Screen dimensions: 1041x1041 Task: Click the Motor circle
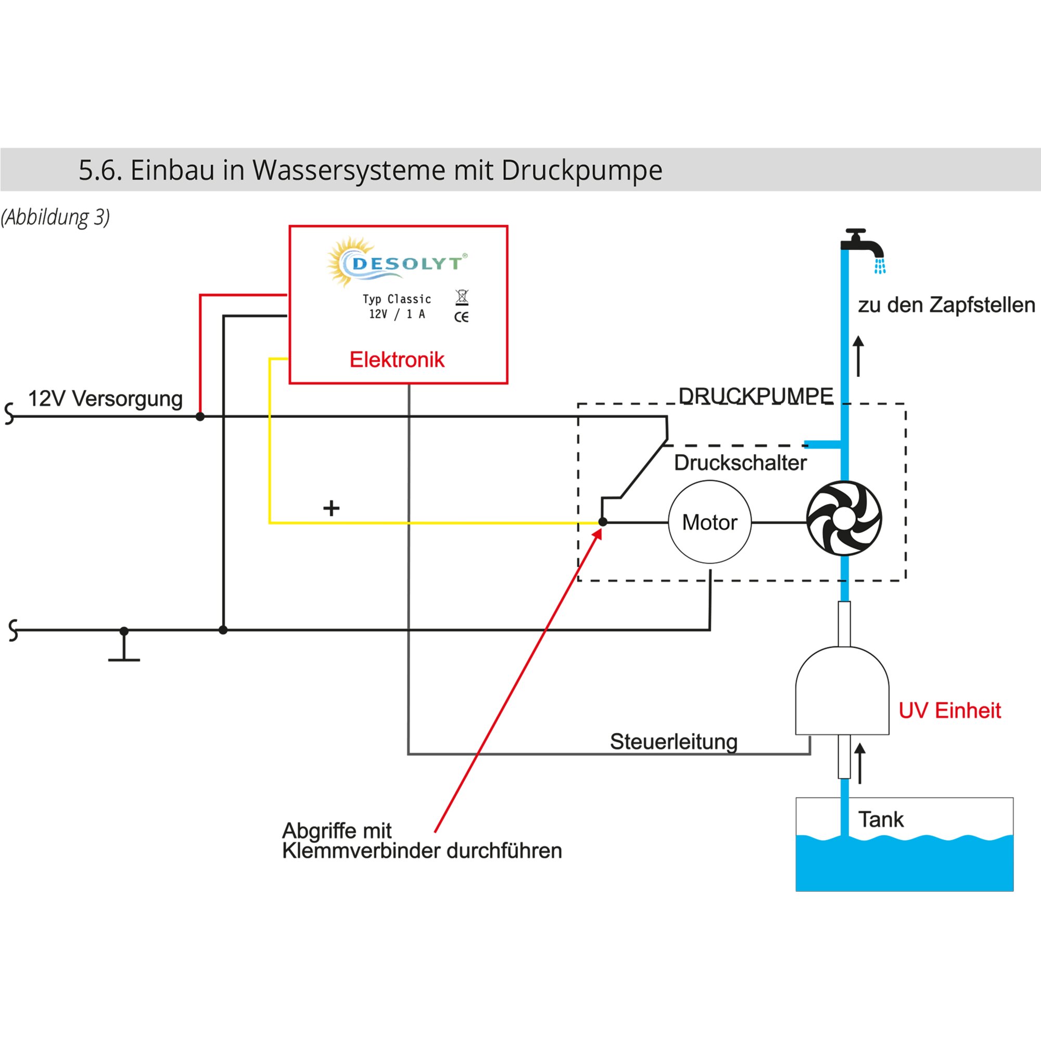709,522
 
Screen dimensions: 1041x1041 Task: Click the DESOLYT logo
397,262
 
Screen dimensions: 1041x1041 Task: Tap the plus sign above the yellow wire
332,508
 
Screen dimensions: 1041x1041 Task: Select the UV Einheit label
949,710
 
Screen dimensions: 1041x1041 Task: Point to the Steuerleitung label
674,741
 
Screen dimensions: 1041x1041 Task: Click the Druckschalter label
740,463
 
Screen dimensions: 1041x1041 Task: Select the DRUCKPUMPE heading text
755,396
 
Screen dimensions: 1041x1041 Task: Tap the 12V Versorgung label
105,399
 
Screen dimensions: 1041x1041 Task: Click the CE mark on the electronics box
461,317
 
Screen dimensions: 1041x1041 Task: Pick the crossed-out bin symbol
462,297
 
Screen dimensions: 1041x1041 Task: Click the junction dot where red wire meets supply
200,416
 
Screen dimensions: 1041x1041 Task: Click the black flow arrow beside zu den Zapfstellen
858,356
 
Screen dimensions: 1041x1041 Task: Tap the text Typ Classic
397,299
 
